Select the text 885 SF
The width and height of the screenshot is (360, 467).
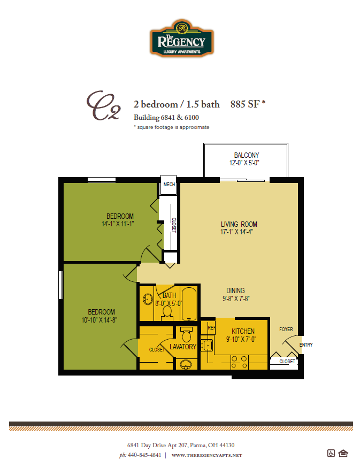pyautogui.click(x=245, y=104)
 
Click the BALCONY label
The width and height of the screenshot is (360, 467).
pyautogui.click(x=246, y=156)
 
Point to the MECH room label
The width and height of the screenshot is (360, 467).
pyautogui.click(x=170, y=185)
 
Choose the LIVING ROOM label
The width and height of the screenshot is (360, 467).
pyautogui.click(x=239, y=224)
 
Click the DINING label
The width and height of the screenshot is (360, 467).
pyautogui.click(x=236, y=290)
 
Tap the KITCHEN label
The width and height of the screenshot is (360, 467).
pyautogui.click(x=243, y=332)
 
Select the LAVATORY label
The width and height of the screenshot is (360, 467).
pyautogui.click(x=183, y=347)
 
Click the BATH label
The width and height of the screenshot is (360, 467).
pyautogui.click(x=169, y=295)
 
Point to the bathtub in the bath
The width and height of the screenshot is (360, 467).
pyautogui.click(x=190, y=303)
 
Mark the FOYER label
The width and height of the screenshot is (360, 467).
pyautogui.click(x=286, y=330)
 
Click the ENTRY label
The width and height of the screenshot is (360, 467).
pyautogui.click(x=306, y=345)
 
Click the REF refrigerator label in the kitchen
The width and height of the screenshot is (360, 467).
pyautogui.click(x=211, y=327)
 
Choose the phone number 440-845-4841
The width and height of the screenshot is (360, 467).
pyautogui.click(x=144, y=455)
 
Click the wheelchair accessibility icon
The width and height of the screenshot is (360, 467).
pyautogui.click(x=331, y=454)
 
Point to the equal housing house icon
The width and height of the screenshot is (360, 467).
pyautogui.click(x=343, y=454)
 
